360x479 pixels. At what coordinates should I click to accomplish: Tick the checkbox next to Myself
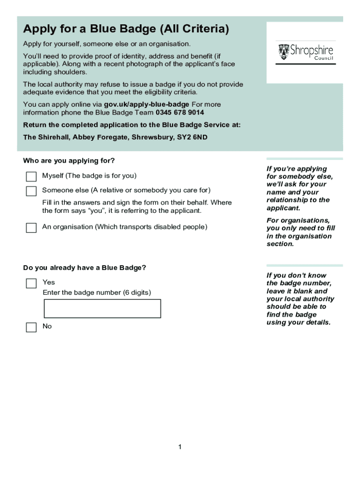click(31, 176)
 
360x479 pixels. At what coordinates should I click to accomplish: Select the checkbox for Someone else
click(31, 191)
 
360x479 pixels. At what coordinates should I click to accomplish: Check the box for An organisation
click(31, 228)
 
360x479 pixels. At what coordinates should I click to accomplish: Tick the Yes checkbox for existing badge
click(31, 283)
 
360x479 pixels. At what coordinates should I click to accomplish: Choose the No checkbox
click(31, 327)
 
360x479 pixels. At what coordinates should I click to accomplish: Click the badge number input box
click(102, 309)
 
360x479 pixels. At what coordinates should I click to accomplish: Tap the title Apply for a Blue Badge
click(126, 29)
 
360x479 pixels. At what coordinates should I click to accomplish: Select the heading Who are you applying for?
click(69, 161)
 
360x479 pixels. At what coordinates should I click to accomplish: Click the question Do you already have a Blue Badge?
click(85, 268)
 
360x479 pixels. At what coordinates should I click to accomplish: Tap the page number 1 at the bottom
click(180, 448)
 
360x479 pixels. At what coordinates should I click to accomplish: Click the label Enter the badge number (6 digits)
click(97, 293)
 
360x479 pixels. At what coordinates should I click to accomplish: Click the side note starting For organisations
click(301, 232)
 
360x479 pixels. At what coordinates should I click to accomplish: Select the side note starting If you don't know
click(300, 299)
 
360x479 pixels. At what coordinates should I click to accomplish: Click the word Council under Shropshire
click(324, 58)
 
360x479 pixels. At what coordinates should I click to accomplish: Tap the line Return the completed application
click(132, 125)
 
